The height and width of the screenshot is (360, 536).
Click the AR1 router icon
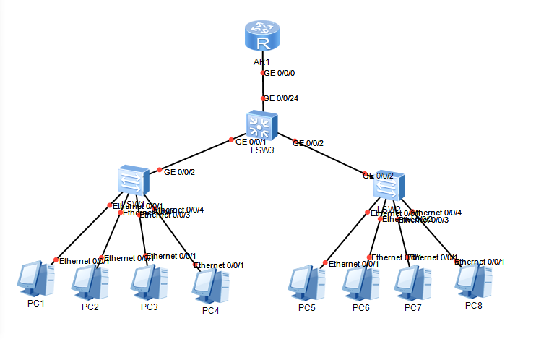[261, 38]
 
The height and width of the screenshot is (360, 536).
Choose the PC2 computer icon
[90, 281]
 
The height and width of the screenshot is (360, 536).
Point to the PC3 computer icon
[150, 283]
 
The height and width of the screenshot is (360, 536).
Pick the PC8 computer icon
[474, 283]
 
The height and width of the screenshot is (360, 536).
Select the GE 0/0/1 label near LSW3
[251, 142]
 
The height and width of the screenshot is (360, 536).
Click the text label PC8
[474, 306]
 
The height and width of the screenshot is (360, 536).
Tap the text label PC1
[36, 303]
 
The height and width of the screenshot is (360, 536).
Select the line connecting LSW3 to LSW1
[195, 155]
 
